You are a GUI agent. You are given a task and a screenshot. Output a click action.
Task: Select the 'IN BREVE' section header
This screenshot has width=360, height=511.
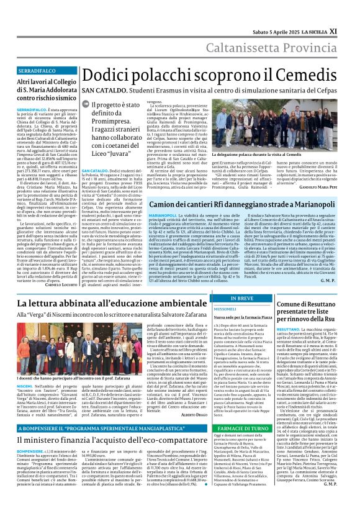[x=254, y=299]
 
